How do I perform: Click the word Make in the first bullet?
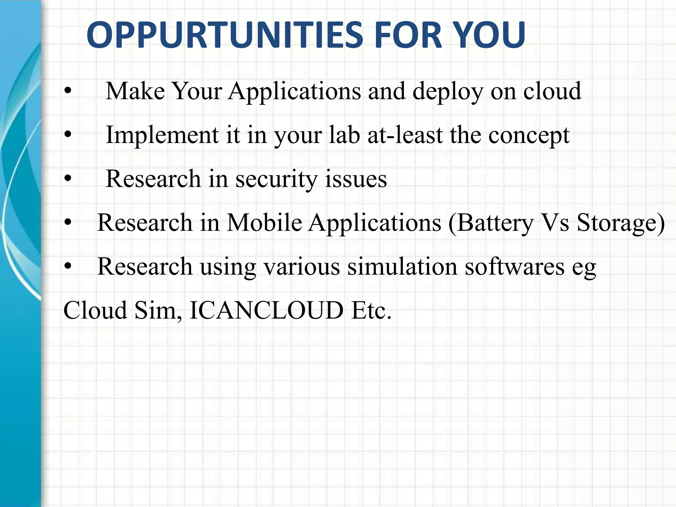click(135, 91)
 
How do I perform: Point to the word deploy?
click(448, 91)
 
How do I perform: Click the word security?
click(276, 179)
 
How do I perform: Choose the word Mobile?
click(264, 222)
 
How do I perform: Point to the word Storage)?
click(621, 223)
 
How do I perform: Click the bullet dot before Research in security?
click(68, 179)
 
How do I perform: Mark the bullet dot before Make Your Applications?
click(68, 91)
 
